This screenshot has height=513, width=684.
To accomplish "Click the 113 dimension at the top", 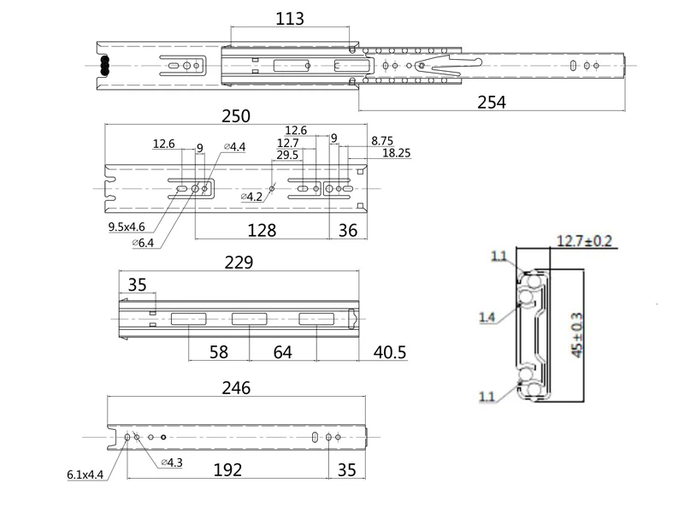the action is coord(290,18).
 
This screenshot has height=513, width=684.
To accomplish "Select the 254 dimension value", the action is coord(492,102).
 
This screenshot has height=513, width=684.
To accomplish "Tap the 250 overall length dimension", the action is coord(236,116).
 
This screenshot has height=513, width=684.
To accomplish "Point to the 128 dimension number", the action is coord(262,230).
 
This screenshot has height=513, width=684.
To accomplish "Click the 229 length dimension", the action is coord(239,262).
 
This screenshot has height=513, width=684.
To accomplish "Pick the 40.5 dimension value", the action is coord(390,352).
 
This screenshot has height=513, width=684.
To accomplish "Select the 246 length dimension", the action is coord(236,388).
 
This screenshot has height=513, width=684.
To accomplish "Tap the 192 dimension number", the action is coord(227,469).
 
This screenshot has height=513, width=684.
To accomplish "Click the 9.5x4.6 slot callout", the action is coord(127,227).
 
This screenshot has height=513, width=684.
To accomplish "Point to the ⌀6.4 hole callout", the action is coord(143,243).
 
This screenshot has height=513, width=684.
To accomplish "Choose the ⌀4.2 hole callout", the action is coord(251,197).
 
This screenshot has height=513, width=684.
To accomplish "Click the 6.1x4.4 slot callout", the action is coord(85,475).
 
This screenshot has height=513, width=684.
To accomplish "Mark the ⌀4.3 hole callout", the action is coord(172,463).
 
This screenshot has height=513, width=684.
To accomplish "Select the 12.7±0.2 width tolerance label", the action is coord(585,241).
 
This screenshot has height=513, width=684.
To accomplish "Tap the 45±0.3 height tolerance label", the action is coord(576,335).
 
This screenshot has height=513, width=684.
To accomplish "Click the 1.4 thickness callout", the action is coord(486,317).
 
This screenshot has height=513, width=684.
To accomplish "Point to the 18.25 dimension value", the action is coord(397,153).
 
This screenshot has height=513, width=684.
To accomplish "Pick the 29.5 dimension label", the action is coord(287,155).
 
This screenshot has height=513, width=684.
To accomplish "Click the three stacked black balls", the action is coord(104,66).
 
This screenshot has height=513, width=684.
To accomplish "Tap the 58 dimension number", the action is coord(219,352).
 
